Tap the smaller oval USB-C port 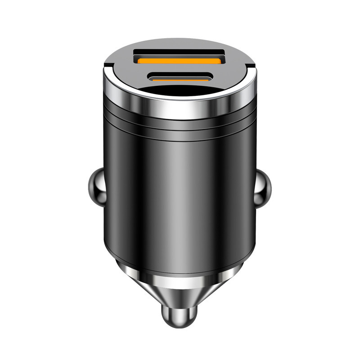[x=180, y=76]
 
